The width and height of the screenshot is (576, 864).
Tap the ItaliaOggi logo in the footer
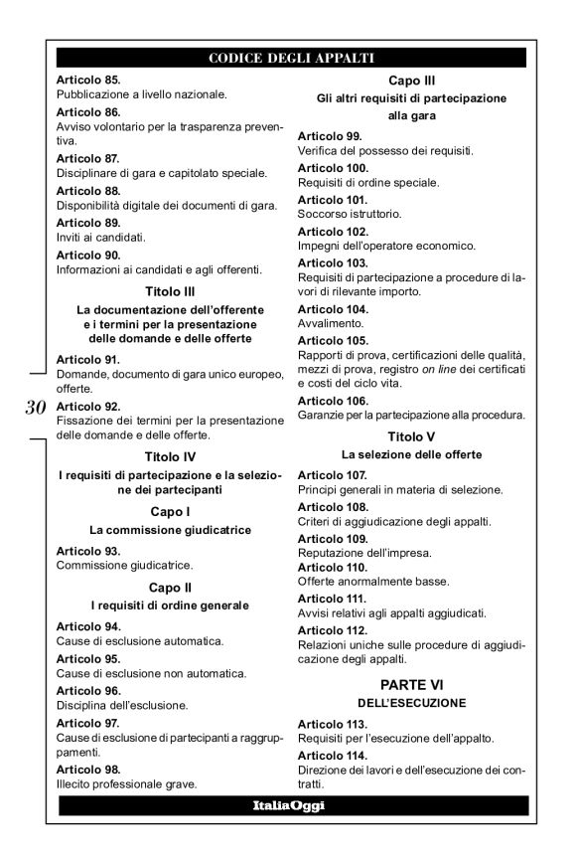(x=292, y=805)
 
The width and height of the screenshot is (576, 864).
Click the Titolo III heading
(x=168, y=292)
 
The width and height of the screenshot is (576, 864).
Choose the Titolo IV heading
(x=168, y=457)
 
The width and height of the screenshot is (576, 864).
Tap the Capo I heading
(x=168, y=511)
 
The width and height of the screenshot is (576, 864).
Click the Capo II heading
(x=168, y=587)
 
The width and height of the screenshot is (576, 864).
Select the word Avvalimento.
(x=329, y=323)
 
